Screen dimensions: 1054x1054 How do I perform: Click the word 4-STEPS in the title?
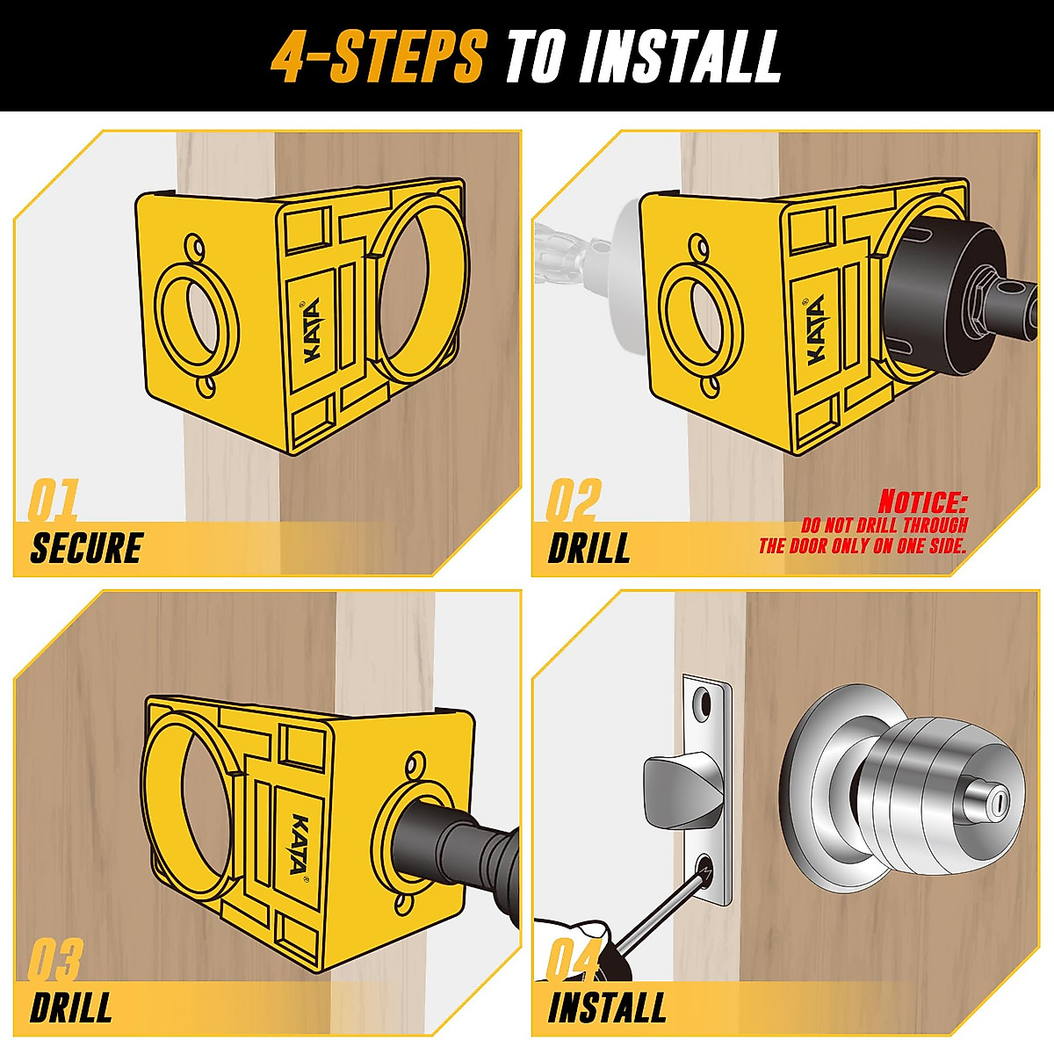pyautogui.click(x=378, y=56)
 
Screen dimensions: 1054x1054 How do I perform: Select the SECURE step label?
pyautogui.click(x=86, y=548)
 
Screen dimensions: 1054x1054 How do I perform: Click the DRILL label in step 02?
pyautogui.click(x=589, y=548)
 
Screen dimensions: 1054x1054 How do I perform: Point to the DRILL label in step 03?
pyautogui.click(x=71, y=1007)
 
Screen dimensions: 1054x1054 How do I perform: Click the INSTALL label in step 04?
pyautogui.click(x=607, y=1007)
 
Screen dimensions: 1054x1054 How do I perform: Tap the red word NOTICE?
pyautogui.click(x=922, y=502)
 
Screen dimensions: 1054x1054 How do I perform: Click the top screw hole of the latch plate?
pyautogui.click(x=704, y=701)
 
